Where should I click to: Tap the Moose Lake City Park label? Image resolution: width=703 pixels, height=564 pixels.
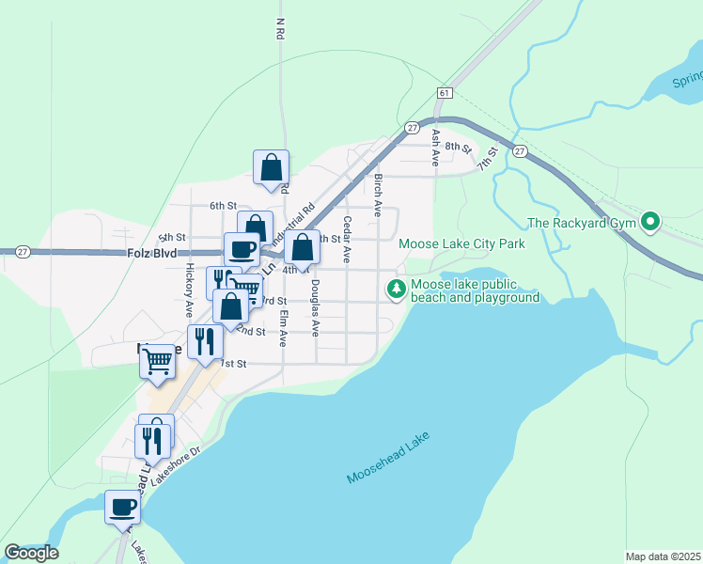point(461,243)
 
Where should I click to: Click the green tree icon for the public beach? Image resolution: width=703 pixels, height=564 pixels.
point(397,289)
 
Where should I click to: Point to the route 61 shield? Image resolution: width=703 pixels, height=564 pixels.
point(445,92)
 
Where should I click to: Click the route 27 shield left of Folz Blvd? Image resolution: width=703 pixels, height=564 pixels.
point(23,252)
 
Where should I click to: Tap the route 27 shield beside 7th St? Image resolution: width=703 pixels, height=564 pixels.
point(519,150)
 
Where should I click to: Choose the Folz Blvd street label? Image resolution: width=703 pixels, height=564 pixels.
point(151,254)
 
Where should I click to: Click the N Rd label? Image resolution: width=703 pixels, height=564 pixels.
point(280,29)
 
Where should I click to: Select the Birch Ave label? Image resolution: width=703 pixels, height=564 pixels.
point(378,195)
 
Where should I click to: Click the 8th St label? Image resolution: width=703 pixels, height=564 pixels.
point(457,147)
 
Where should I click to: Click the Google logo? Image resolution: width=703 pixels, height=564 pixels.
point(31,552)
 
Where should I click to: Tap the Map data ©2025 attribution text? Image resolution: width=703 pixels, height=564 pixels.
point(663,556)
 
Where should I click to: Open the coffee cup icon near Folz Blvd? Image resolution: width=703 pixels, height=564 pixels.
point(242,249)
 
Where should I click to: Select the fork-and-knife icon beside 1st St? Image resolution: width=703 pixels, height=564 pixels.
point(204,340)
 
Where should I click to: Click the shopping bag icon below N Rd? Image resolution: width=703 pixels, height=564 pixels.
point(271,167)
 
